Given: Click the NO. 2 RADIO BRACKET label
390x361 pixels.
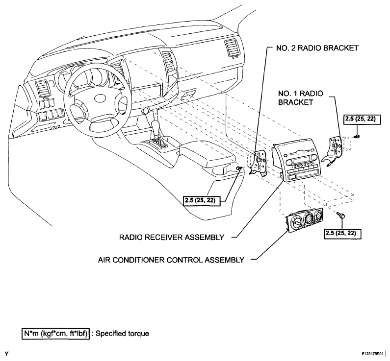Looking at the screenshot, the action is pyautogui.click(x=317, y=48).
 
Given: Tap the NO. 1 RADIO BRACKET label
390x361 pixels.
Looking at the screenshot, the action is pyautogui.click(x=300, y=98).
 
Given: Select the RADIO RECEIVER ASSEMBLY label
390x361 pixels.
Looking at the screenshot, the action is pyautogui.click(x=172, y=238).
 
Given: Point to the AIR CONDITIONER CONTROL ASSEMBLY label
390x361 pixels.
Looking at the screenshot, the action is pyautogui.click(x=171, y=260).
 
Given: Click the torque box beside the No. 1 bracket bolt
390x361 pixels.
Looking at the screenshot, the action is pyautogui.click(x=362, y=120).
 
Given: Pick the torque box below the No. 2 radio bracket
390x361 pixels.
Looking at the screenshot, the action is pyautogui.click(x=202, y=201).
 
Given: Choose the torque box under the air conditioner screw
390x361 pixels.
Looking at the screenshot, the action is pyautogui.click(x=342, y=234).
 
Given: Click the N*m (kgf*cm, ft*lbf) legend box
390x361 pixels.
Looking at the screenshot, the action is pyautogui.click(x=55, y=334).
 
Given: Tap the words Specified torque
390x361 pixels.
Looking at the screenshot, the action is pyautogui.click(x=122, y=334).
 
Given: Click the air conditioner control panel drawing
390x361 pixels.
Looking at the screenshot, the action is pyautogui.click(x=305, y=220).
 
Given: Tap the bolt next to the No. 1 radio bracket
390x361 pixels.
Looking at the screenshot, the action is pyautogui.click(x=357, y=136).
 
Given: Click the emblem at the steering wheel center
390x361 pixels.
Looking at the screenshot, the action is pyautogui.click(x=101, y=98).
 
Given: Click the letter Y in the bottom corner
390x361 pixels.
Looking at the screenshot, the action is pyautogui.click(x=7, y=354).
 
